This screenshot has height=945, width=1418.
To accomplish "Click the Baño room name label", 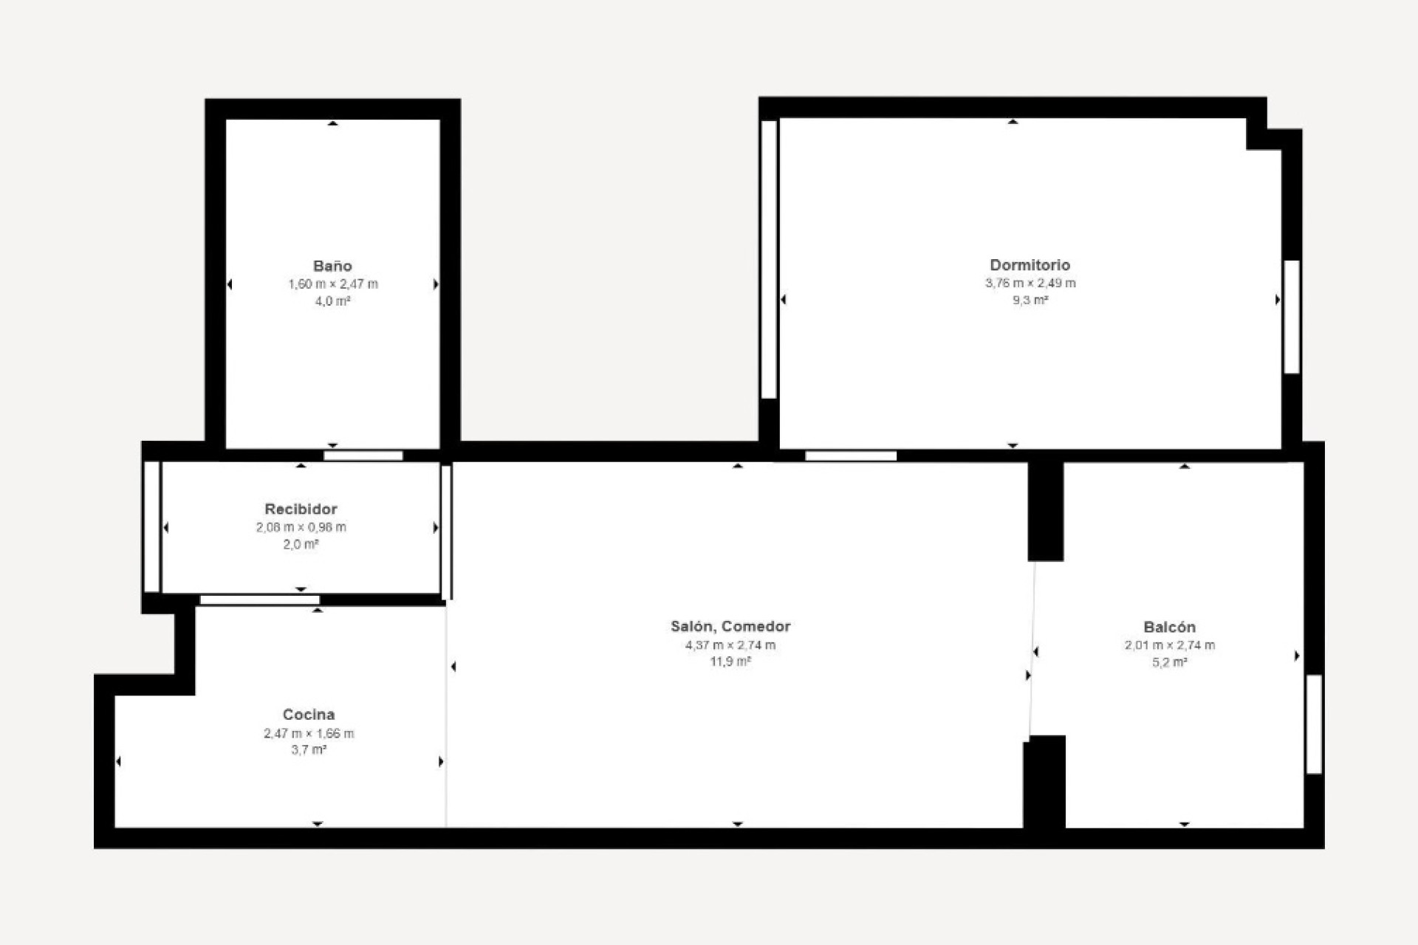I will click(x=332, y=266).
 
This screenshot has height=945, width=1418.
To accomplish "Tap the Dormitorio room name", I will click(x=1030, y=264).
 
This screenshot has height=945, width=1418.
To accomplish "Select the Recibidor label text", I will click(x=301, y=509).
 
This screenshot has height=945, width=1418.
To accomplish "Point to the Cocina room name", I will click(x=309, y=714).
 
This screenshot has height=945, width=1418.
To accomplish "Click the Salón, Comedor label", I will click(x=730, y=626).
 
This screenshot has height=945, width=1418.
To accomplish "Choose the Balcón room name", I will click(x=1169, y=627).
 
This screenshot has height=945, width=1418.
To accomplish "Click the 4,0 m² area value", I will click(x=332, y=301).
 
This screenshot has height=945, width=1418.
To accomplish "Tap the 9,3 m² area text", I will click(x=1030, y=300).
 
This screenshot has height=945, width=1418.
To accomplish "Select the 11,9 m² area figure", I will click(x=730, y=661).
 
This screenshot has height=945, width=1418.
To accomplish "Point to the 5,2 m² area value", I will click(x=1169, y=662).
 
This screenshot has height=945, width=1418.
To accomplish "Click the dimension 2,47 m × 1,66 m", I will click(x=309, y=733).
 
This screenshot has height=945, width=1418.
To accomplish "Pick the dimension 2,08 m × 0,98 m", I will click(x=301, y=527).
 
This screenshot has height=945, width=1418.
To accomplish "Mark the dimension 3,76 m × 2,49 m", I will click(x=1030, y=283).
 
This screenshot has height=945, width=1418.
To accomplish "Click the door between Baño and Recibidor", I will click(x=363, y=456).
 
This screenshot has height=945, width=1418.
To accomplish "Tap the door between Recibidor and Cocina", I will click(x=260, y=599).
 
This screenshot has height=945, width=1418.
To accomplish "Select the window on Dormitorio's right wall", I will click(x=1292, y=317).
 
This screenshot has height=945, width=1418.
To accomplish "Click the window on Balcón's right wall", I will click(x=1314, y=724).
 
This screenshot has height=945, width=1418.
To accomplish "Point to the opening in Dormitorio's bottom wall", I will click(x=851, y=456).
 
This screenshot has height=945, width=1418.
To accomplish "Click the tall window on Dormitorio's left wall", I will click(x=769, y=259).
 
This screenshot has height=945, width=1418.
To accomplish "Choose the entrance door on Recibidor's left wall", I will click(x=151, y=526).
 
